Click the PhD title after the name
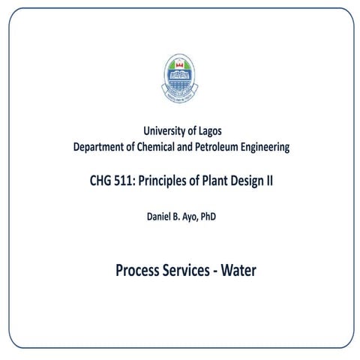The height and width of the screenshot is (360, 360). pos(214,217)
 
